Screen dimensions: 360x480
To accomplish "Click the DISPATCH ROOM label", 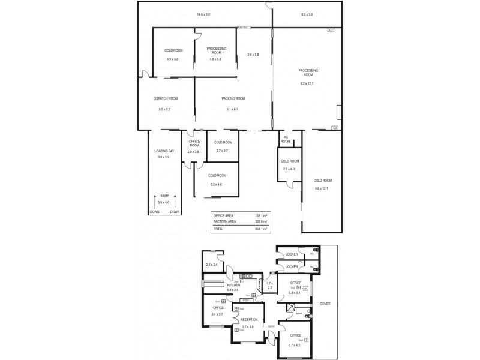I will click(165, 99).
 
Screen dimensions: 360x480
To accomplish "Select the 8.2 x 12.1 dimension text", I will click(307, 83).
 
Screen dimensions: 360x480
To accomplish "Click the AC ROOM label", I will click(286, 139).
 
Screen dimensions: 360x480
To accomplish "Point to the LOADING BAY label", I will click(164, 151).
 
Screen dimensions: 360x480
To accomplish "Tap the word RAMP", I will click(164, 196).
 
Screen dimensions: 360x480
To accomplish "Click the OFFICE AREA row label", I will click(223, 215).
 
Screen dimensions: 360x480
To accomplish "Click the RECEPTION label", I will click(249, 320).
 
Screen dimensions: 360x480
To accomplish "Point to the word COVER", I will click(325, 304).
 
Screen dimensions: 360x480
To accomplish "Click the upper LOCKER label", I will click(292, 254).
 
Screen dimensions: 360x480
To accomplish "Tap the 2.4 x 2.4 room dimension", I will click(211, 265).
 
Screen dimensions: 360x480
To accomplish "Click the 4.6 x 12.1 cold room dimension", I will click(323, 188).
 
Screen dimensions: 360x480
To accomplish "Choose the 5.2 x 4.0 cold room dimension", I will click(215, 184).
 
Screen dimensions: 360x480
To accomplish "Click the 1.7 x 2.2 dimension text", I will click(269, 286).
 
